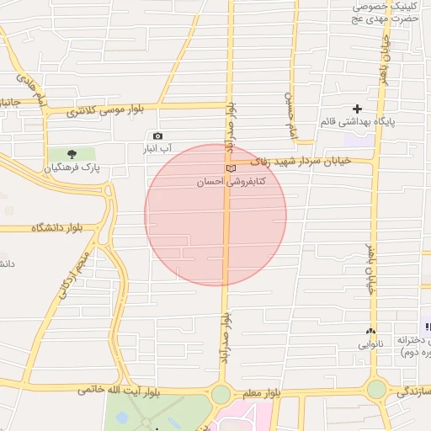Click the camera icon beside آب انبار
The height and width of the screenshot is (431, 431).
coord(157,136)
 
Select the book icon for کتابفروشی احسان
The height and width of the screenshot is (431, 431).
coord(231,169)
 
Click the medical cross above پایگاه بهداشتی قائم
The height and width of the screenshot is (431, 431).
coord(358,109)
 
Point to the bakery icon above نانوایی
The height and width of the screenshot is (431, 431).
coord(370,332)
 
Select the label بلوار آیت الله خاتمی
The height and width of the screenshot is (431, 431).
coord(118,391)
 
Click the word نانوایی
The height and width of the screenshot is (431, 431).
coord(370,344)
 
